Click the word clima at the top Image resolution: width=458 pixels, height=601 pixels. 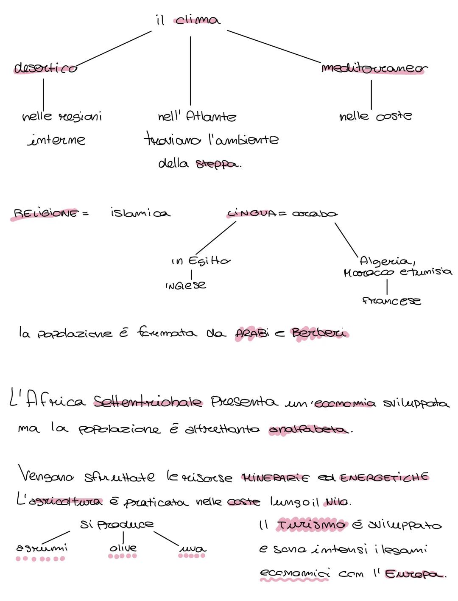(x=198, y=20)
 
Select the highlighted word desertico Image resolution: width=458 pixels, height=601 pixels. (x=45, y=68)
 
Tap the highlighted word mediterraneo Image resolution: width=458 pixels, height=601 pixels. (x=374, y=68)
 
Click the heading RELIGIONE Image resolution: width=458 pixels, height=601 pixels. (x=46, y=213)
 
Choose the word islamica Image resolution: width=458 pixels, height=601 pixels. (x=140, y=212)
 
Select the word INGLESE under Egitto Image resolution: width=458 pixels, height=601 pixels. (x=186, y=285)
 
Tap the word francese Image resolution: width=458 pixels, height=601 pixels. (x=391, y=301)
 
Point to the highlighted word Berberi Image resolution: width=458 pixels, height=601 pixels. (x=319, y=333)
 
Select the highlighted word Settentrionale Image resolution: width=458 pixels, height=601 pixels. (x=148, y=401)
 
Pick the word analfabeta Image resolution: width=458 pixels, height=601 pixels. (x=308, y=430)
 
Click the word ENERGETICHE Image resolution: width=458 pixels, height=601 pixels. (x=384, y=477)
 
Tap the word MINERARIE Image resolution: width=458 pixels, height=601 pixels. (x=275, y=478)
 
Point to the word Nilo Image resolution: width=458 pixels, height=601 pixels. (x=337, y=502)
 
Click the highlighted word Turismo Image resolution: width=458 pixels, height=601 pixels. (x=312, y=525)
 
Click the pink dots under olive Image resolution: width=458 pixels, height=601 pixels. (x=123, y=556)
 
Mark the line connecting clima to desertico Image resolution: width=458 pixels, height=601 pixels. (x=114, y=49)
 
